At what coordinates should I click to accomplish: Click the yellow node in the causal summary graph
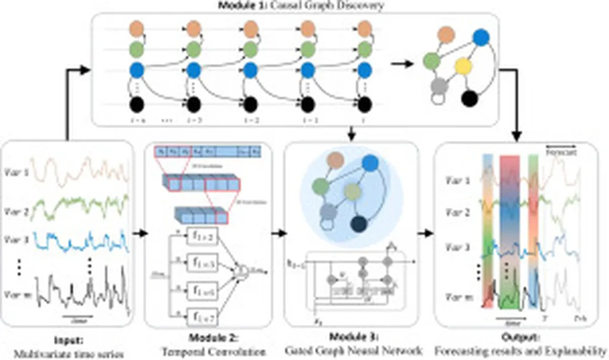463,65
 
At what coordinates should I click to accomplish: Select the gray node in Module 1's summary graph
439,85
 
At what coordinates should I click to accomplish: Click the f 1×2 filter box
202,237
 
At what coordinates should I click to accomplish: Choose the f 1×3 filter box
202,262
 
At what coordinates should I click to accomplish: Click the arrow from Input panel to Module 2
140,233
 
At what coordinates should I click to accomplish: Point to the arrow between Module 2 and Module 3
277,233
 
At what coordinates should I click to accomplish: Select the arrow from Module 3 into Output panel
425,233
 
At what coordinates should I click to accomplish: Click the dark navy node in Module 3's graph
359,224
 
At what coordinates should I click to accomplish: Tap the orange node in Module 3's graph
336,159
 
